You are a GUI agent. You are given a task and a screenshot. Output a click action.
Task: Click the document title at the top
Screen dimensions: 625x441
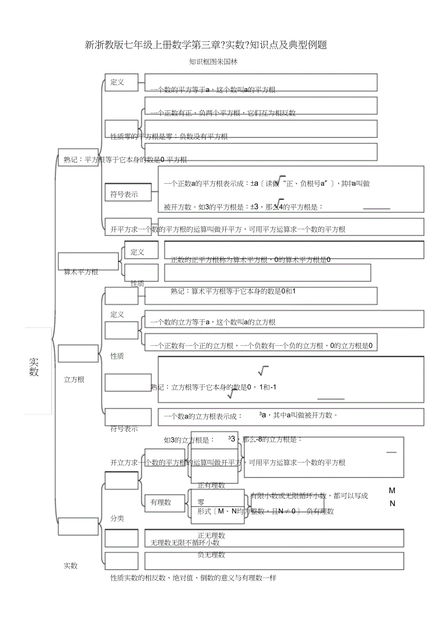[206, 46]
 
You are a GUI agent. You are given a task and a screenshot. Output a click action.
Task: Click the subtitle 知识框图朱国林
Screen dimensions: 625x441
[213, 62]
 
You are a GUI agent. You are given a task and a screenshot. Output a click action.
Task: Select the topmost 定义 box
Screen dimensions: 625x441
[122, 82]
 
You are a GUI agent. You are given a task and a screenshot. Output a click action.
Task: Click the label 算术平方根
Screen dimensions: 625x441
[81, 272]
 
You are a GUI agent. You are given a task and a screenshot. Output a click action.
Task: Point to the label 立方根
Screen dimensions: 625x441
[74, 380]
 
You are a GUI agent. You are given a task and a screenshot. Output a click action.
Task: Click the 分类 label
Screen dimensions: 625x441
[117, 519]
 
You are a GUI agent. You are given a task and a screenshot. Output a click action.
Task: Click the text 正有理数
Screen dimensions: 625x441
[211, 485]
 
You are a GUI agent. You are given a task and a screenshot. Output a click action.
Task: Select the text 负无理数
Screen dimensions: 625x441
[211, 555]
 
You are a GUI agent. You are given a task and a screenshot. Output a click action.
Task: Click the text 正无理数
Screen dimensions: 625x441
[211, 536]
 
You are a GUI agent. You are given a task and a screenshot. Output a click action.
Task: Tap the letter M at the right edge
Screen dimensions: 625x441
[392, 491]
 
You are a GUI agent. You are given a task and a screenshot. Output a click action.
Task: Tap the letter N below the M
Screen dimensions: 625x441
[392, 504]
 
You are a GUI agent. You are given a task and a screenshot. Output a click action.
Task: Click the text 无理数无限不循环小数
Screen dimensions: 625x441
[185, 543]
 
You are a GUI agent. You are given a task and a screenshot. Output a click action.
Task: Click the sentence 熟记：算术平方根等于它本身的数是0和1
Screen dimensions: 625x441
[233, 291]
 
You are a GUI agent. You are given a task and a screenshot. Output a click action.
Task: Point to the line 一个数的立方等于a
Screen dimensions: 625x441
[213, 322]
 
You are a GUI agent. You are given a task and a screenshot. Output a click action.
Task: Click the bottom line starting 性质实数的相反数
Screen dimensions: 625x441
[193, 578]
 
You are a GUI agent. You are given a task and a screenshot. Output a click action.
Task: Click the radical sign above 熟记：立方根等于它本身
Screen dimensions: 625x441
[263, 371]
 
